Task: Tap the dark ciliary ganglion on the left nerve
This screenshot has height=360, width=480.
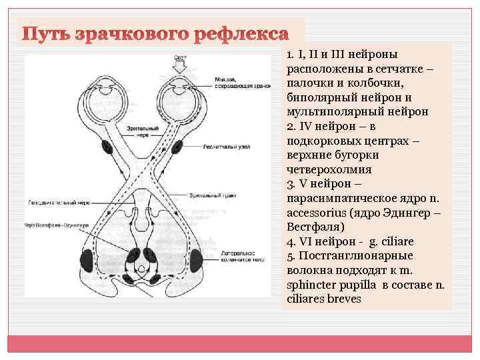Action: (106, 146)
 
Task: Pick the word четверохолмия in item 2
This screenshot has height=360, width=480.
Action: (320, 169)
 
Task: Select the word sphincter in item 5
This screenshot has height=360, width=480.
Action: (311, 285)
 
